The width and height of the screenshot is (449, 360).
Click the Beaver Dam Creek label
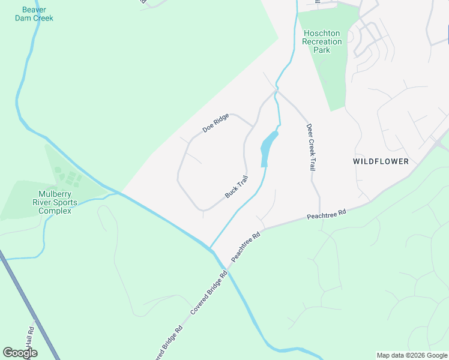pyautogui.click(x=34, y=14)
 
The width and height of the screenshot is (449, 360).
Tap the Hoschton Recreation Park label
pyautogui.click(x=322, y=41)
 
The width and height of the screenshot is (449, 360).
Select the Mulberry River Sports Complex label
pyautogui.click(x=58, y=202)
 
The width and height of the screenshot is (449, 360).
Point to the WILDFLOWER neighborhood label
pyautogui.click(x=381, y=161)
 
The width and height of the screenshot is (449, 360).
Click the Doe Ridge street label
pyautogui.click(x=215, y=124)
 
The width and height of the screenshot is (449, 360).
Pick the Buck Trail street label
pyautogui.click(x=236, y=187)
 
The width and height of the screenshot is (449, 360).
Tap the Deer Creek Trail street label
pyautogui.click(x=310, y=148)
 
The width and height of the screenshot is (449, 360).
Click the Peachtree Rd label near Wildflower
pyautogui.click(x=327, y=214)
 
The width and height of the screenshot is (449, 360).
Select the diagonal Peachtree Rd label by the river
pyautogui.click(x=247, y=246)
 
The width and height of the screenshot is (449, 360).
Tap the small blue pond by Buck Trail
pyautogui.click(x=268, y=148)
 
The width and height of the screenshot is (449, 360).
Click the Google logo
pyautogui.click(x=20, y=353)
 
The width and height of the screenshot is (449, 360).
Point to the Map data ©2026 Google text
pyautogui.click(x=411, y=355)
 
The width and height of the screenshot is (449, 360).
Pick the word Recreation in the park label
pyautogui.click(x=322, y=41)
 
